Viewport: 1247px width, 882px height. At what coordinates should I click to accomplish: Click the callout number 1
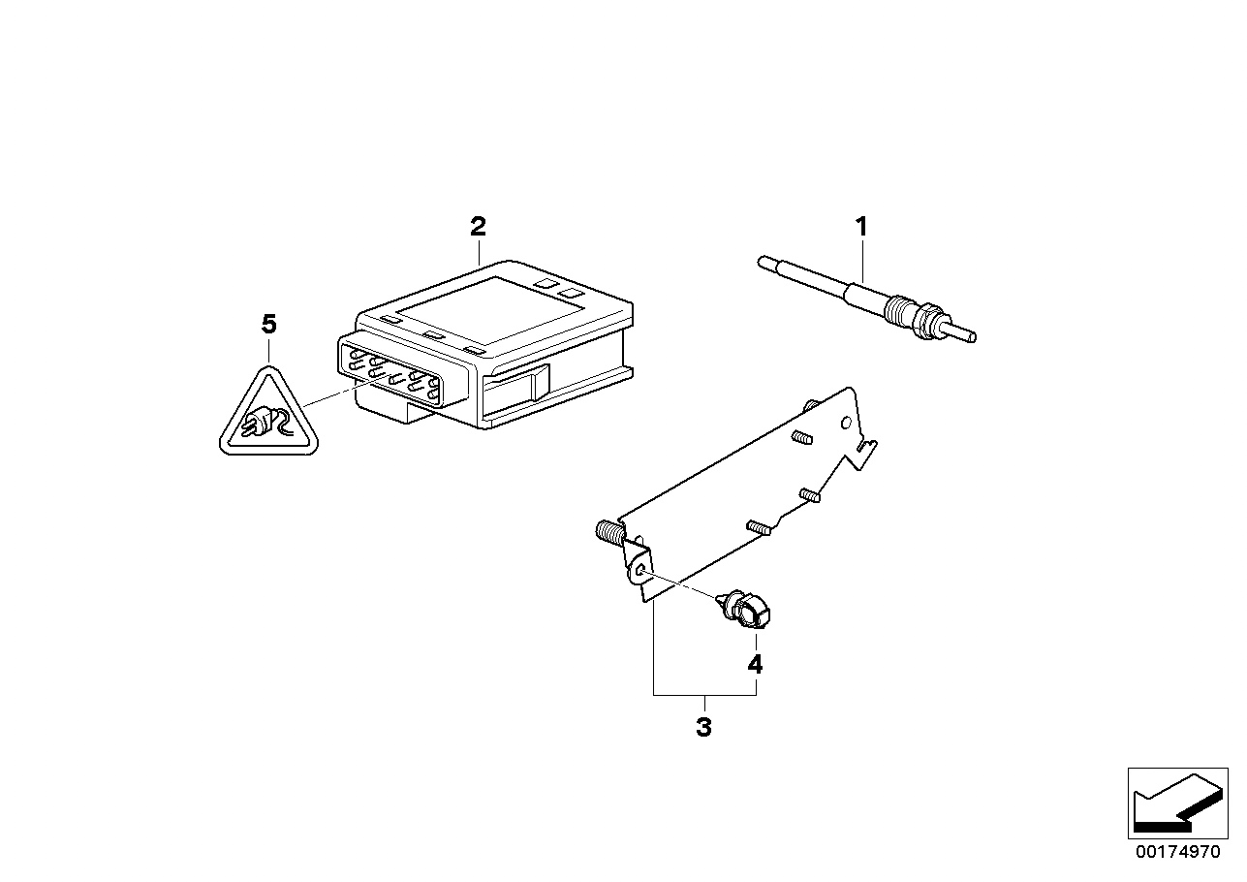click(861, 227)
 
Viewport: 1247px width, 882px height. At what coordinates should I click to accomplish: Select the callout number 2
click(479, 226)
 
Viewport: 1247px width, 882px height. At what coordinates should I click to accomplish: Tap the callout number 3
click(703, 727)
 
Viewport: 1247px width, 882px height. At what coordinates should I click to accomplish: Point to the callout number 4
click(755, 665)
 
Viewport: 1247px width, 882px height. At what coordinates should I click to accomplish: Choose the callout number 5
click(269, 324)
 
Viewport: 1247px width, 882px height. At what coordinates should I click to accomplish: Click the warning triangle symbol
click(269, 411)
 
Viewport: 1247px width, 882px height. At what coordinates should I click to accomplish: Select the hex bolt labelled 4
click(745, 610)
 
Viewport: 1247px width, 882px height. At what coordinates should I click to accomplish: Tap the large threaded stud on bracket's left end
click(608, 530)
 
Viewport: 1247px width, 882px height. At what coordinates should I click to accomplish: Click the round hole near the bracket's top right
click(846, 424)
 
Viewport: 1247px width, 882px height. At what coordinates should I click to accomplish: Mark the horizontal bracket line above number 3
click(704, 695)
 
